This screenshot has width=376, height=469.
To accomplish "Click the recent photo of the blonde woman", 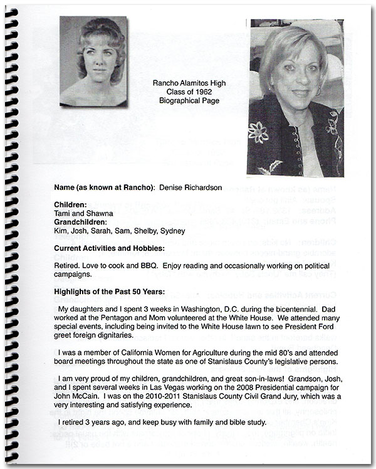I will (295, 97).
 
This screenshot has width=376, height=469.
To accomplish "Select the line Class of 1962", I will (185, 90).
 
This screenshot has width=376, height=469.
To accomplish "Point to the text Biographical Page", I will (185, 98).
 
